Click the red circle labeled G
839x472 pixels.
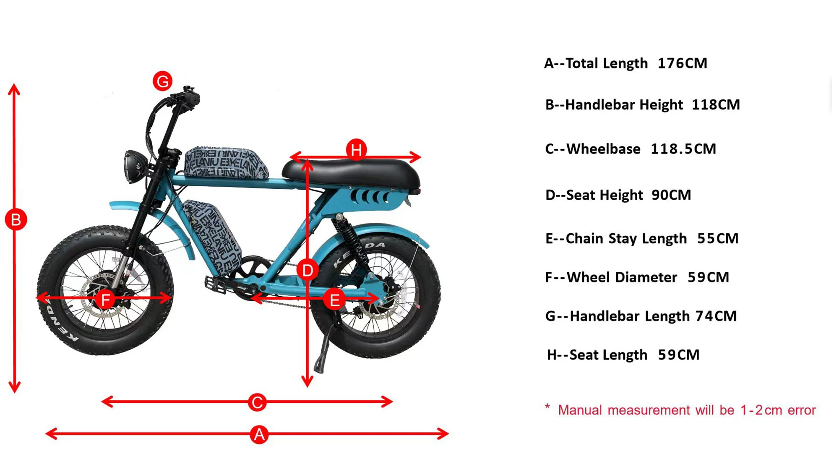point(162,81)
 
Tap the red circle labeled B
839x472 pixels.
point(16,219)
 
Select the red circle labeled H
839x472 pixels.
point(356,149)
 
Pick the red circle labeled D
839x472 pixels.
point(307,271)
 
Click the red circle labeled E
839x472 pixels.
point(334,300)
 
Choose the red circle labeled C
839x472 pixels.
point(257,402)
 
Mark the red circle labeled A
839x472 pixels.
point(259,434)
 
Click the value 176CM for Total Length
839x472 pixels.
point(682,63)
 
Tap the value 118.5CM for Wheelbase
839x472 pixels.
point(683,149)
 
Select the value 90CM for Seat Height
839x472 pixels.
point(671,195)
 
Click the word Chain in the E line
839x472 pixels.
point(585,238)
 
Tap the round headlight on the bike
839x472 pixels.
point(133,167)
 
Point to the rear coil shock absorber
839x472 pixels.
point(351,239)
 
